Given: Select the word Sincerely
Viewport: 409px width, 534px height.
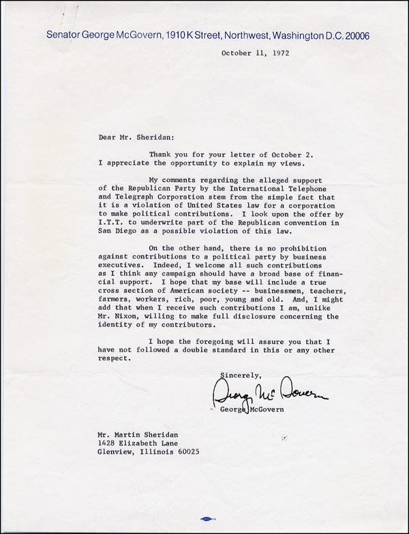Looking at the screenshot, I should pos(241,373).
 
